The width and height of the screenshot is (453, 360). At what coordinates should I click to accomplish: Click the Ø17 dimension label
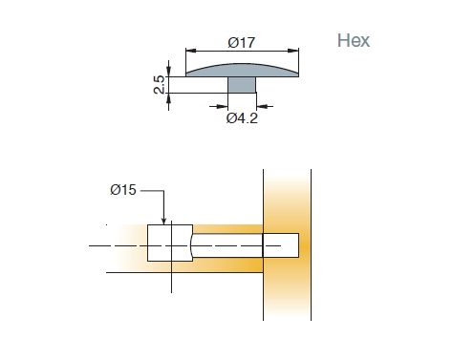242,43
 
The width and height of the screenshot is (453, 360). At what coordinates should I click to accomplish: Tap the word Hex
354,41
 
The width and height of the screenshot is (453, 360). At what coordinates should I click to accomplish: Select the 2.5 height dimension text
159,85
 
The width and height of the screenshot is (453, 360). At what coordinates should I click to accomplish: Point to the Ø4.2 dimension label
242,118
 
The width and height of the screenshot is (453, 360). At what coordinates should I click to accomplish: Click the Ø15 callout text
123,190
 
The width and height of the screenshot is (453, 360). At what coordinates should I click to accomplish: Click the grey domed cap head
242,70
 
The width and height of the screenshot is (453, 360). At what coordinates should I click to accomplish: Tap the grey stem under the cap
242,85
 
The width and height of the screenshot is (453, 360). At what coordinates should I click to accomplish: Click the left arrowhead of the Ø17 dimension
191,51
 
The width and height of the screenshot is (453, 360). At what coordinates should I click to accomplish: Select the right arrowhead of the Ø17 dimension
293,51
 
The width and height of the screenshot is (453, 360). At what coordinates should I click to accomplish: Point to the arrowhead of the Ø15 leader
163,221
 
